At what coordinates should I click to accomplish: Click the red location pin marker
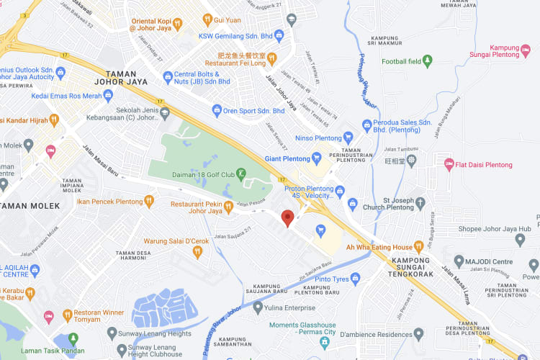288,218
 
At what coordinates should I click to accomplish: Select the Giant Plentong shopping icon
316,158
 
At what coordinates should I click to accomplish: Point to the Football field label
392,61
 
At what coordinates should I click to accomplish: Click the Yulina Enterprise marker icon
258,307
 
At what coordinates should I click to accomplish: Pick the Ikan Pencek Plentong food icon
149,202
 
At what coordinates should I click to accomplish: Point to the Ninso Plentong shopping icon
348,138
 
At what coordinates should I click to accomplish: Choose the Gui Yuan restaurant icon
207,19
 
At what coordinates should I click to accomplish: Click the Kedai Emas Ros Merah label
66,96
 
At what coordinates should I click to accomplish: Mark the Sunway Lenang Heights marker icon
112,333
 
